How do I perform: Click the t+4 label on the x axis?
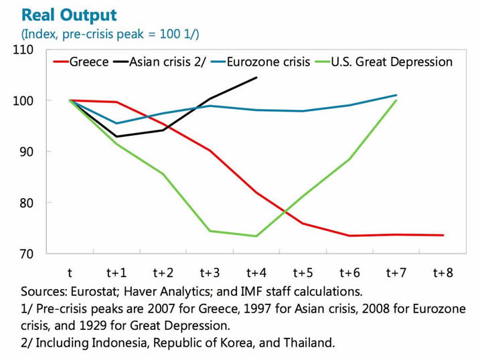coord(256,272)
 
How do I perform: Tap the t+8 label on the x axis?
coord(443,272)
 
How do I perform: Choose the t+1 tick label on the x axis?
coord(116,272)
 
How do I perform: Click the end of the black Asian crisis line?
coord(256,78)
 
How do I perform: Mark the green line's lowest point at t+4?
coord(256,236)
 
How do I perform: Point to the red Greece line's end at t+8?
coord(443,235)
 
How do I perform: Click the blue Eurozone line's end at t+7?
coord(396,95)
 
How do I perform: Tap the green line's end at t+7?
coord(396,100)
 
